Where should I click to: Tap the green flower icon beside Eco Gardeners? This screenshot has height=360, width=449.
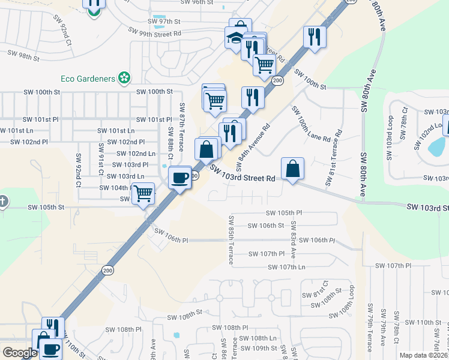124,78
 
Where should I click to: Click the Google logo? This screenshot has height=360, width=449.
20,353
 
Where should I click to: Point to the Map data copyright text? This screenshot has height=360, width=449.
423,355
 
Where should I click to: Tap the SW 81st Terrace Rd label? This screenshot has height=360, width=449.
334,158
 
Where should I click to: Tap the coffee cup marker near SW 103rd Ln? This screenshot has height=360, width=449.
179,178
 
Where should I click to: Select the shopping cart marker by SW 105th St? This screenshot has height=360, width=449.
143,194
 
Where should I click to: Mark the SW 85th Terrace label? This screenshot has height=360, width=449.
231,235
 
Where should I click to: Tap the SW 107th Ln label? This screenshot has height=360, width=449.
286,267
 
